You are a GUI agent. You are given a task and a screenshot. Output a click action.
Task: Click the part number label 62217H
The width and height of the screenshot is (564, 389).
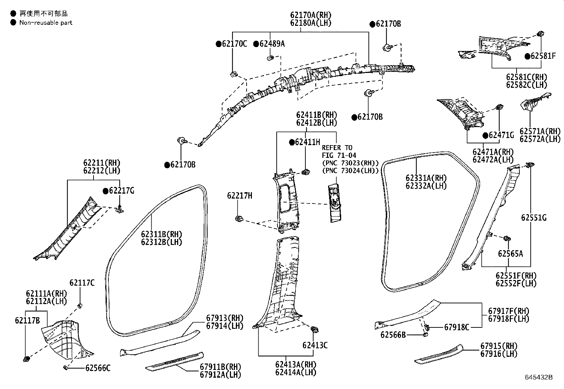pos(239,196)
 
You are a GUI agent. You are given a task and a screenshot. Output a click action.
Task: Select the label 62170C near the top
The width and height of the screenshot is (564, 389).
pos(234,44)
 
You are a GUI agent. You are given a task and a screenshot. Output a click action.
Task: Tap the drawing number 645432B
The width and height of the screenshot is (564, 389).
pos(539,377)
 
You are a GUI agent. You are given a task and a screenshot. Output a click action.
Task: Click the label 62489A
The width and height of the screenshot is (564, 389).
pos(272,44)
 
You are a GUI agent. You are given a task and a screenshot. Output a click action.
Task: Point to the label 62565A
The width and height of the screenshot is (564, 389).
pos(510,253)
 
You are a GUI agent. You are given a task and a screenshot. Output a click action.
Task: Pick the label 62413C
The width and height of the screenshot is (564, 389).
pos(315,345)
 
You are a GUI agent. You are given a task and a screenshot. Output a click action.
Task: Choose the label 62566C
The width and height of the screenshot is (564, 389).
pos(98,368)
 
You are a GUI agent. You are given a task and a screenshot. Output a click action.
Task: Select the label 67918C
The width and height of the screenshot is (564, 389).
pos(457,327)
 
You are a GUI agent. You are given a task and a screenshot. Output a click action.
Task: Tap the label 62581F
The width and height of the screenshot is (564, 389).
pos(543,56)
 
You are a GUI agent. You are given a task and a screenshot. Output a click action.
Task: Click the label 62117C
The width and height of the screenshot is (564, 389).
pos(82,282)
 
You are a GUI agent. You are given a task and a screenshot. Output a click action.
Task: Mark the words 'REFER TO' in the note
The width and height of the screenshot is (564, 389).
pos(337,148)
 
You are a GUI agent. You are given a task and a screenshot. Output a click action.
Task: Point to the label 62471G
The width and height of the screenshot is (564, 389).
pos(501,135)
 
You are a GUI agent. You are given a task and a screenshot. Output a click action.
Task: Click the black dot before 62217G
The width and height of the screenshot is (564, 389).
pos(105,191)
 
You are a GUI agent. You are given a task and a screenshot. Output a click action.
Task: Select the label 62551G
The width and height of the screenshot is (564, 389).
pos(534,218)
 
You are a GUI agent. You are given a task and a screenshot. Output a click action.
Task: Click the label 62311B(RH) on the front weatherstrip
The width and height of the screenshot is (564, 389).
pos(161,234)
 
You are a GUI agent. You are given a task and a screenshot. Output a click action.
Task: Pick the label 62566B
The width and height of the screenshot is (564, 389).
pos(393,334)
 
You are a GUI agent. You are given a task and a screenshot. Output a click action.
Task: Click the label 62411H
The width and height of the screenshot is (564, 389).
pos(307,142)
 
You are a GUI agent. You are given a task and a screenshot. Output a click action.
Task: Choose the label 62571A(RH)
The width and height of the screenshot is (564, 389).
pos(541,131)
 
